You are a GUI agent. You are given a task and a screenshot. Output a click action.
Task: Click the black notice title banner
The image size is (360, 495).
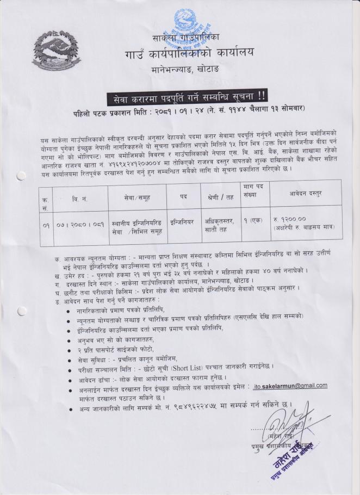coord(187,98)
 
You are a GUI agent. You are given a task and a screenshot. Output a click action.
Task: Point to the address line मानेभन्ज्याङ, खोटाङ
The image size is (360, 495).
coord(191,70)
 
